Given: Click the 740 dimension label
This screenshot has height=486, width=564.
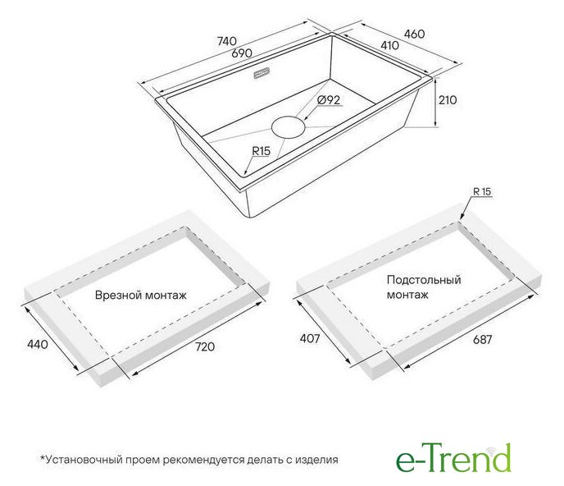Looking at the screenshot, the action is (227, 41).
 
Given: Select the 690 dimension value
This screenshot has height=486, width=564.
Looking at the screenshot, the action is (242, 53).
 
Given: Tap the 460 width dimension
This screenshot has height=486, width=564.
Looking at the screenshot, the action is (414, 34).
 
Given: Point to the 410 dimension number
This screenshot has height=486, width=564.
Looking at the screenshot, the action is (389, 45).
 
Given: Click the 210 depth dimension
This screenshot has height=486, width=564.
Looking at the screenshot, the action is (448, 100).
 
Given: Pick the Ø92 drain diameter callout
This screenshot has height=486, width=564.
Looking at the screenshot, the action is (329, 100).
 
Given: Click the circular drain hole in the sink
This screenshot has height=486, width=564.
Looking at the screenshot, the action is (289, 126).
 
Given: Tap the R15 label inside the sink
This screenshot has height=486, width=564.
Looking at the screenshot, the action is (262, 151).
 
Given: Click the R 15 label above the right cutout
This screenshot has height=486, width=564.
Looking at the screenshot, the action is (482, 191).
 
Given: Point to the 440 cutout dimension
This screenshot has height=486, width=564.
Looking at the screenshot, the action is (38, 345).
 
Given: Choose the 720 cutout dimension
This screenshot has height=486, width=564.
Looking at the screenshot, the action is (205, 346).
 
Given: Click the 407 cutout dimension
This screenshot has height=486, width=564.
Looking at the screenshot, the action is (310, 339).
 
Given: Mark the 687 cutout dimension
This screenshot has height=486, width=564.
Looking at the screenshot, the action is (482, 339).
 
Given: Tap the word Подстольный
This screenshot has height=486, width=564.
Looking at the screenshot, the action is (424, 280).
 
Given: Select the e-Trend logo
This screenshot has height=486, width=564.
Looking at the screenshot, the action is (453, 457).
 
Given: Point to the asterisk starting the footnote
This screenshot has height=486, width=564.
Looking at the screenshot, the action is (42, 458).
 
